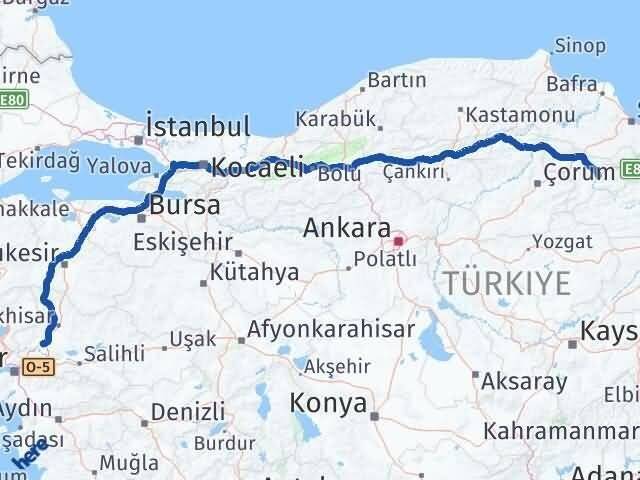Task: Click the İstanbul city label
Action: [x=197, y=127]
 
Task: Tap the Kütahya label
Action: [x=254, y=272]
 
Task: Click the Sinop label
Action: [x=581, y=46]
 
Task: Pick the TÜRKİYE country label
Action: [x=507, y=283]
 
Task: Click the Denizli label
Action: [x=188, y=410]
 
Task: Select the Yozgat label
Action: [x=562, y=241]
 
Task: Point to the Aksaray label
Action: [x=523, y=381]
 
